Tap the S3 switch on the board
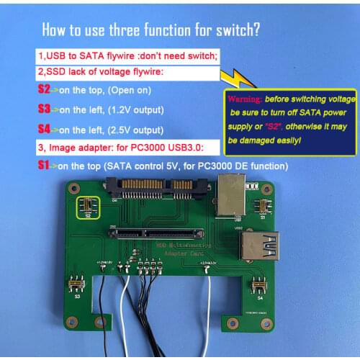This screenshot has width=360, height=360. click(x=74, y=285)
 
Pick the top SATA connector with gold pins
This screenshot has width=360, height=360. click(x=159, y=187)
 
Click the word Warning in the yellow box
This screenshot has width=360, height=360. click(x=242, y=98)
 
